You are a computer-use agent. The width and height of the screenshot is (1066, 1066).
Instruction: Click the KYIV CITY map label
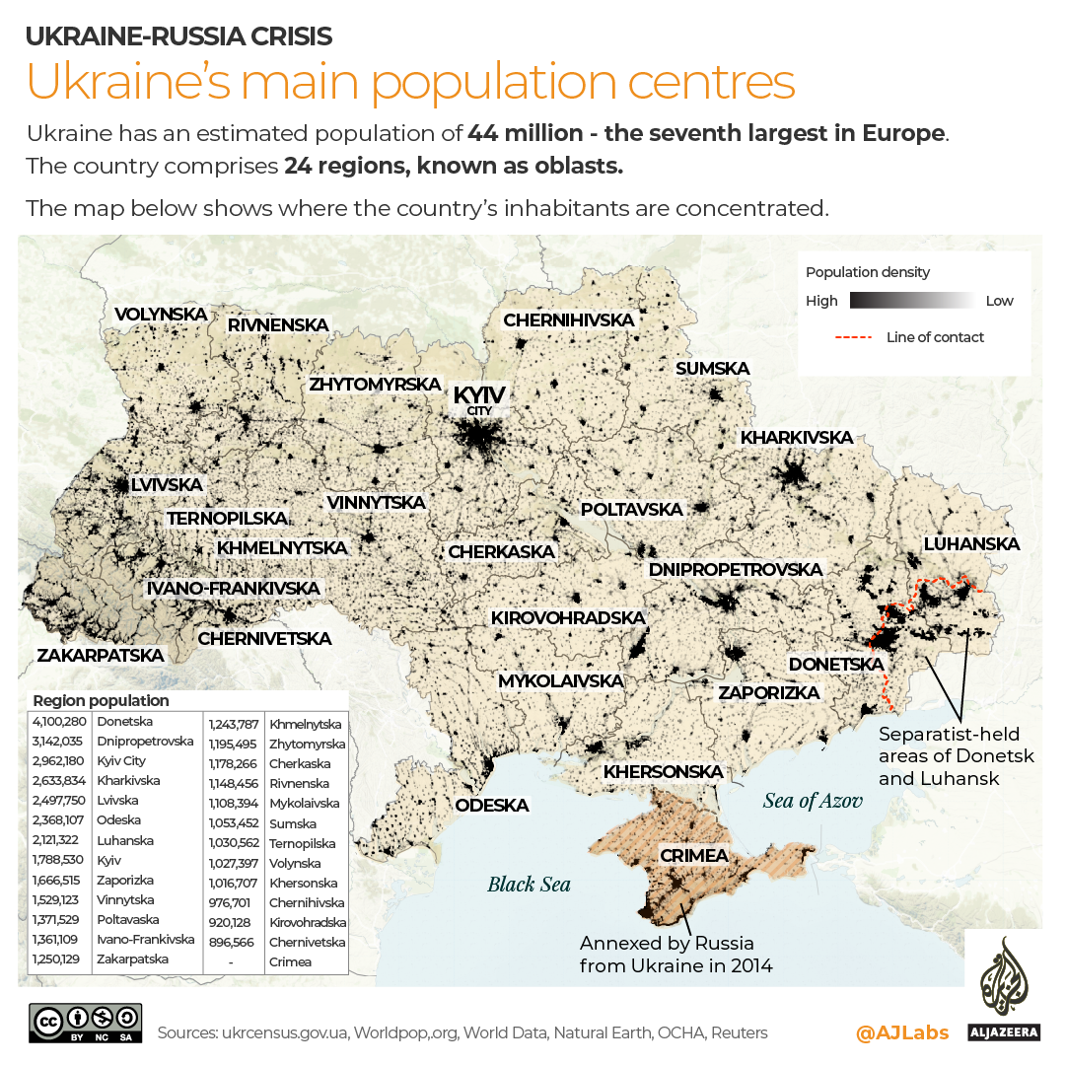(x=479, y=398)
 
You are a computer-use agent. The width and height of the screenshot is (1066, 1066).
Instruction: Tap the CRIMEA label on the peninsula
(x=694, y=855)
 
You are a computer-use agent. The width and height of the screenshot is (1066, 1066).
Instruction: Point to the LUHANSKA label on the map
(x=971, y=544)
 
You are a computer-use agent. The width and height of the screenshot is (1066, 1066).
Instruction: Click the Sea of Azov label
(x=813, y=800)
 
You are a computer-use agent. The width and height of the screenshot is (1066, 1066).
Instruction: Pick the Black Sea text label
(x=529, y=884)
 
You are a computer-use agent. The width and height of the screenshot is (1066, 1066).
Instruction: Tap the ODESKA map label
(x=491, y=806)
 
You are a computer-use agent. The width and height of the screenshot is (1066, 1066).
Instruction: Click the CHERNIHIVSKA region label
(x=568, y=320)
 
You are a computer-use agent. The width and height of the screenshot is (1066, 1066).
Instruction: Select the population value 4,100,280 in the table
(x=59, y=722)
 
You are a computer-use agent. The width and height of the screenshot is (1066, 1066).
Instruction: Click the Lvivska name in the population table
(x=118, y=801)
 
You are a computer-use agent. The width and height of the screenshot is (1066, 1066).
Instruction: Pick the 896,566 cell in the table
(x=233, y=942)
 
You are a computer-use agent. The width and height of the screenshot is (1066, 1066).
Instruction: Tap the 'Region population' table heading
(x=101, y=701)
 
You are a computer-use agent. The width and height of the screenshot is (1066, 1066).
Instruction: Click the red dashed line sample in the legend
(x=854, y=337)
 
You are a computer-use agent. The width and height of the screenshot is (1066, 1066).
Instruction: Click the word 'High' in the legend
(x=821, y=301)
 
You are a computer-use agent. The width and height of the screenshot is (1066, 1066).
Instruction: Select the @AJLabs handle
(x=902, y=1032)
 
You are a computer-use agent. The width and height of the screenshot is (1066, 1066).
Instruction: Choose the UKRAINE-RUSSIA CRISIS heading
(x=178, y=36)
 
